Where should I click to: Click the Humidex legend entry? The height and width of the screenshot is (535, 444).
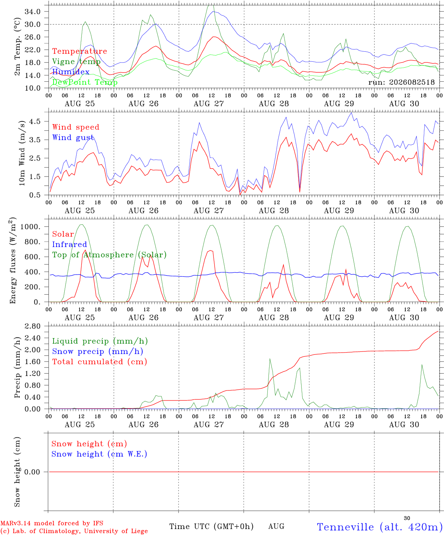pos(71,72)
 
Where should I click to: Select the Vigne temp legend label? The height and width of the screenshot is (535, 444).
pos(76,62)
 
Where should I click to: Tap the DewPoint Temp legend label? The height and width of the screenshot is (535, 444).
pos(85,82)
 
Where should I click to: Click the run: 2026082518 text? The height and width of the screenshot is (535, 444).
pos(401,82)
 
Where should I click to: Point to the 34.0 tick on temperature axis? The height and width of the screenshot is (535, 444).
pos(33,12)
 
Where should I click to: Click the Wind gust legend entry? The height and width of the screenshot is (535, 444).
pos(73,137)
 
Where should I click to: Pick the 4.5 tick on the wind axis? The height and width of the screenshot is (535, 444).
pos(35,121)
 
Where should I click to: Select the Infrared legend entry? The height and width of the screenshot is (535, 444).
pos(70,244)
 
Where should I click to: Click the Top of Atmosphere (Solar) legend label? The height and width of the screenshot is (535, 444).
pos(110,255)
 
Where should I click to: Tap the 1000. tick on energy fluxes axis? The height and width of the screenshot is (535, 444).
pos(30,227)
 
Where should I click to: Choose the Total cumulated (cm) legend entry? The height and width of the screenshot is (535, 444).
pos(100,362)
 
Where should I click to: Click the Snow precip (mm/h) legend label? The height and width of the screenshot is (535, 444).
pos(97,351)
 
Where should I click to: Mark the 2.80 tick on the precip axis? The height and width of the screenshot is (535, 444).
pos(33,326)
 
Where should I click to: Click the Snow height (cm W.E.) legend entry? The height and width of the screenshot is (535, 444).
pos(99,454)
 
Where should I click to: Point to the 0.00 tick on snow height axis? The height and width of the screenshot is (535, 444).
pos(32,472)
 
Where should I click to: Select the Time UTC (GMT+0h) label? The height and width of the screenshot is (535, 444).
pos(211,526)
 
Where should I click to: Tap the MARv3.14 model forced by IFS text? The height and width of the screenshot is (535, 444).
pos(52,523)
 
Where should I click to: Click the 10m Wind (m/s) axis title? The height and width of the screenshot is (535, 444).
pos(22,153)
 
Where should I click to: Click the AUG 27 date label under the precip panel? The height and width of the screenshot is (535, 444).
pos(209,425)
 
